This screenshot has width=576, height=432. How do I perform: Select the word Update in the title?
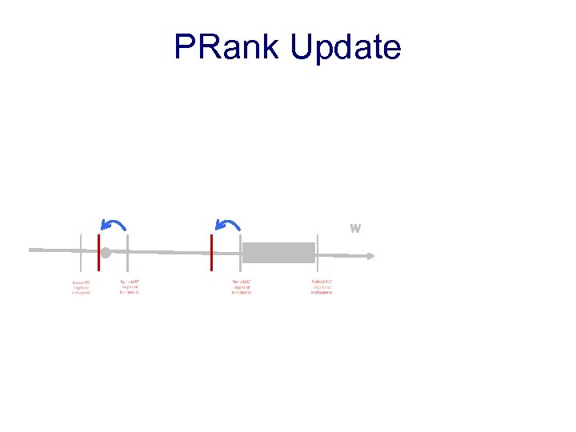point(345,48)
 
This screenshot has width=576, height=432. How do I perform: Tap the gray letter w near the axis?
point(355,228)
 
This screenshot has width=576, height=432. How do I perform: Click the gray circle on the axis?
point(105,254)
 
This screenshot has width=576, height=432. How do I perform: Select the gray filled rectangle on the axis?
point(278,252)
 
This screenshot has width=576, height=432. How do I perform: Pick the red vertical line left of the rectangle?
point(211,252)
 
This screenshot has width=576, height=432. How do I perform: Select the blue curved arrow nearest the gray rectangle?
point(229,225)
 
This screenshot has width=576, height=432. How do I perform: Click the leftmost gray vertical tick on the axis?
point(81,254)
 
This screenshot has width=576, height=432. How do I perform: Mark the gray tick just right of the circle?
point(128,254)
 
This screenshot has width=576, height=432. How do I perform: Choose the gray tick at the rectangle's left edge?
point(241,254)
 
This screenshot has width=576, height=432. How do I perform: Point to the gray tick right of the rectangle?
point(318,254)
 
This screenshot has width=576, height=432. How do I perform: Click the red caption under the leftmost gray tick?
point(81,287)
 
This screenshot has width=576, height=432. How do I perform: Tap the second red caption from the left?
point(129,287)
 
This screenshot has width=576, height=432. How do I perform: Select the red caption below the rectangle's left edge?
point(242,287)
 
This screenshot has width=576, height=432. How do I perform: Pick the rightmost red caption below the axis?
point(322,287)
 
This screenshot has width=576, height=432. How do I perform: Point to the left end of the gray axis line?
point(31,250)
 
